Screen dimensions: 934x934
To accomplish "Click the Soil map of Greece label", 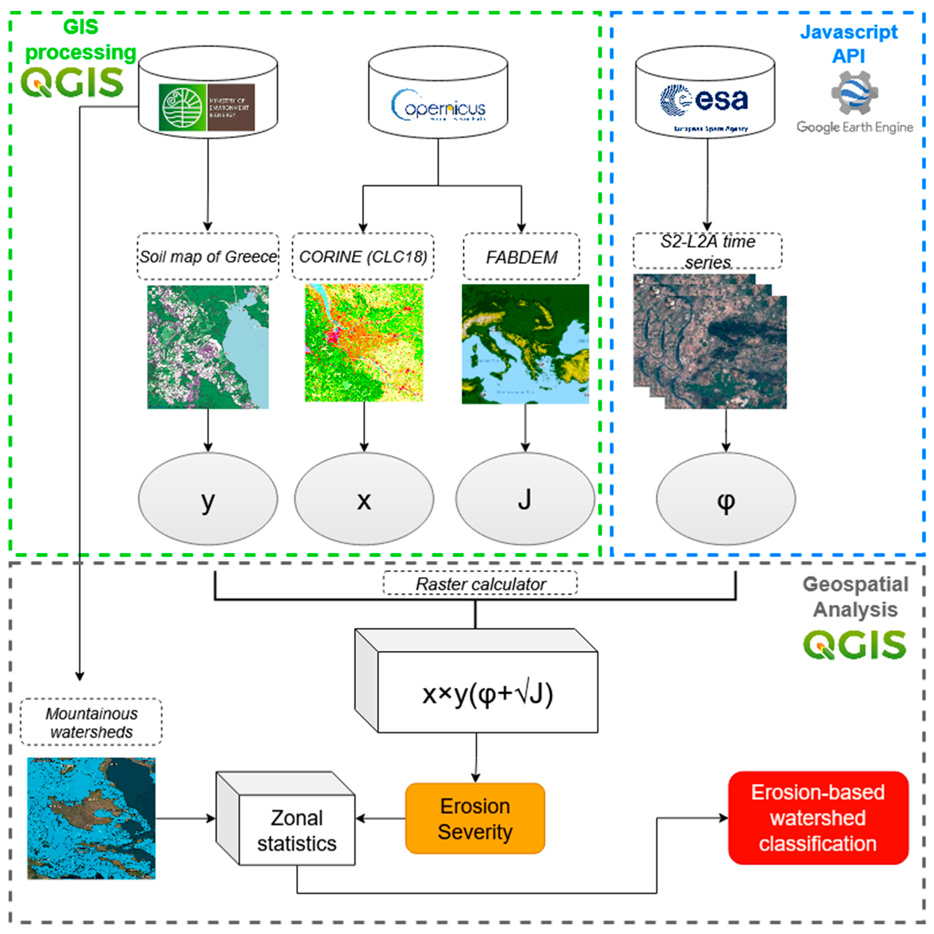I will pos(208,256).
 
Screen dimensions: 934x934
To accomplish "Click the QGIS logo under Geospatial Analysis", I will pos(854,644).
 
